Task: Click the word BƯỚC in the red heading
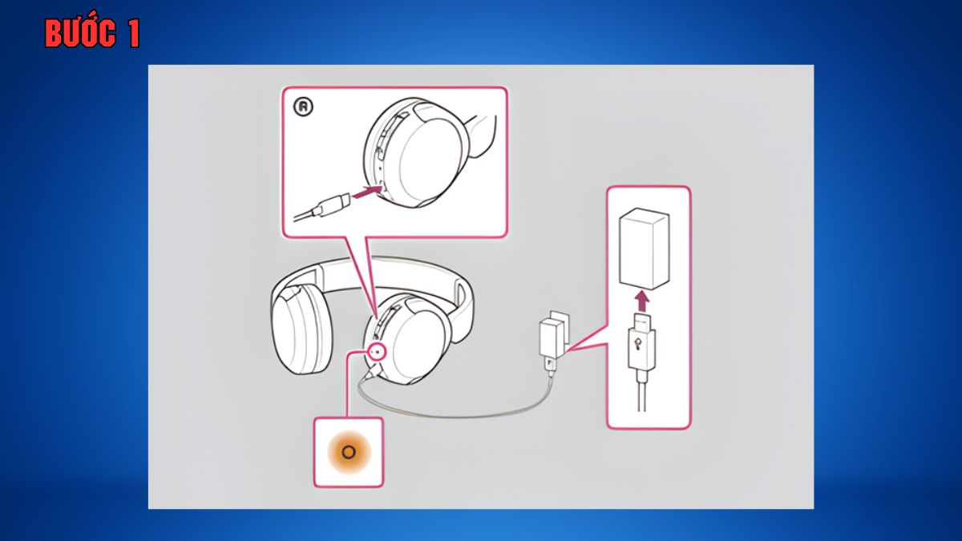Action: click(80, 33)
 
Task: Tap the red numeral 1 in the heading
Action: click(134, 34)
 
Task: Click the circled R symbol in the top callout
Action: click(303, 107)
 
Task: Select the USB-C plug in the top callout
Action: click(332, 205)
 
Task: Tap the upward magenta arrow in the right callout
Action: click(641, 301)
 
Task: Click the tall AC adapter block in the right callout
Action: click(644, 249)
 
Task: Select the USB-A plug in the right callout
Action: click(641, 341)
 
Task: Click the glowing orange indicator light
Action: click(349, 452)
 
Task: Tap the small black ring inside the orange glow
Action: click(349, 452)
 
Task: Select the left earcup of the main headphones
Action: click(302, 329)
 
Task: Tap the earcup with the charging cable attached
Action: click(409, 339)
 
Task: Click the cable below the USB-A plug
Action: click(641, 390)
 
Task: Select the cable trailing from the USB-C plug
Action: click(304, 216)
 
